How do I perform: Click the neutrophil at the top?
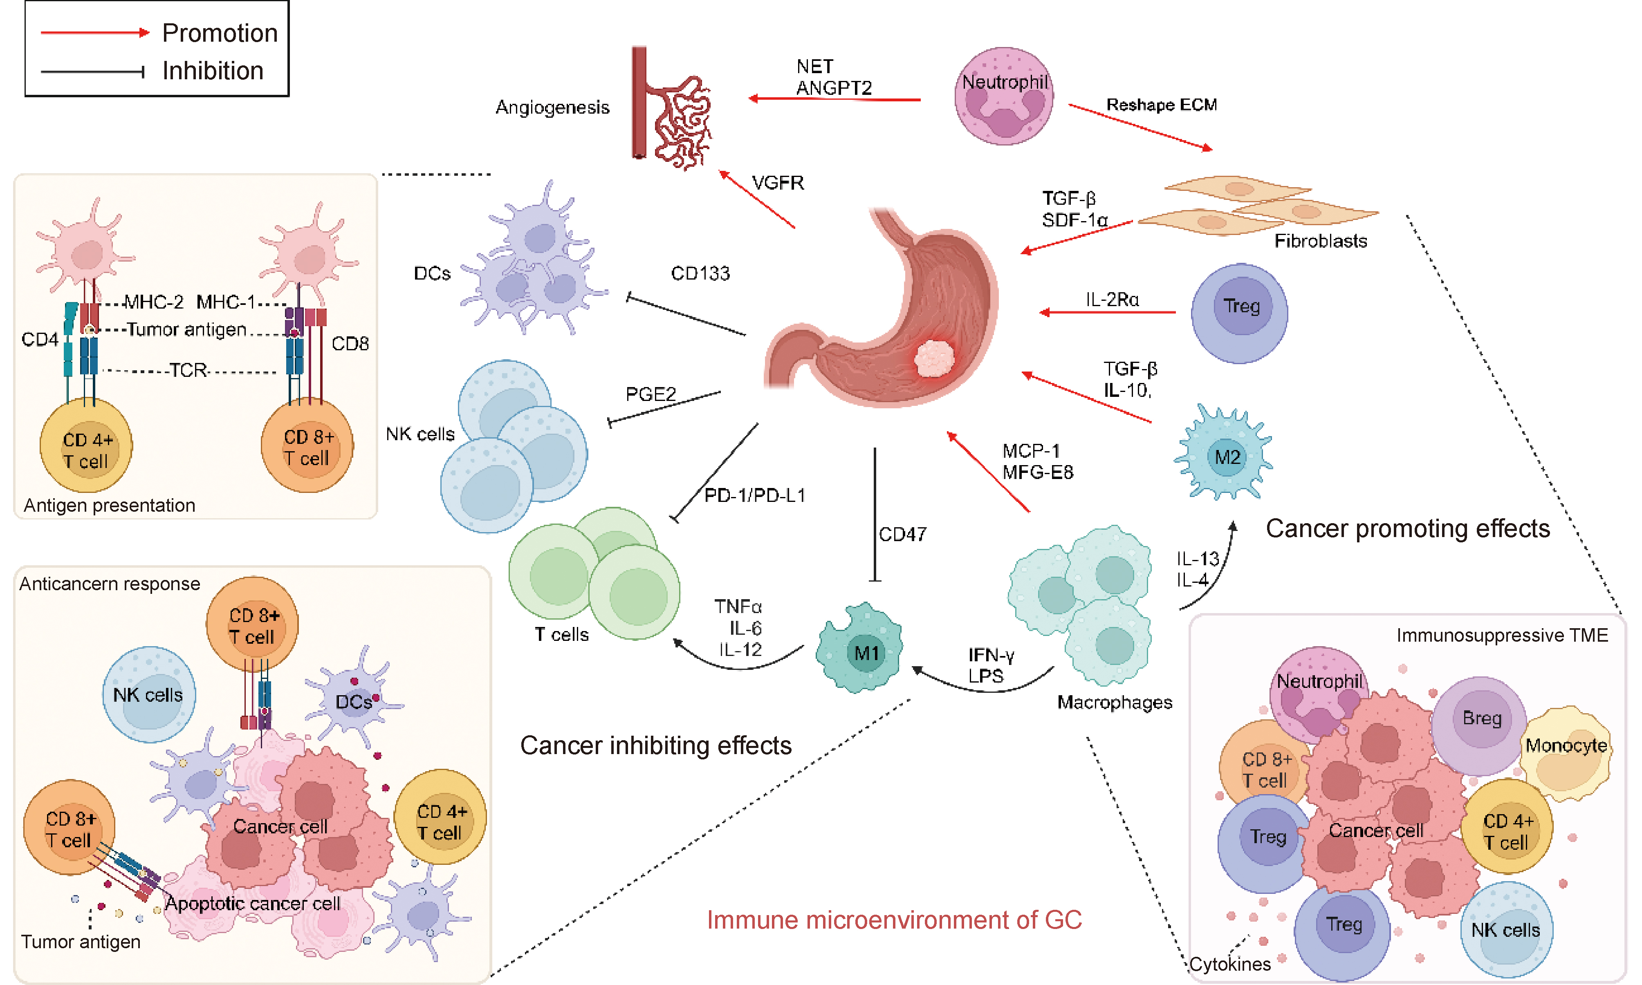click(1003, 96)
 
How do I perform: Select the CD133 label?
click(700, 273)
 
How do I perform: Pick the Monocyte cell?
click(1566, 753)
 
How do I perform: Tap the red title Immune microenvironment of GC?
click(894, 920)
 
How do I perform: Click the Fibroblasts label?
click(1320, 241)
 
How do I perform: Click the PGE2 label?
click(650, 394)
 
